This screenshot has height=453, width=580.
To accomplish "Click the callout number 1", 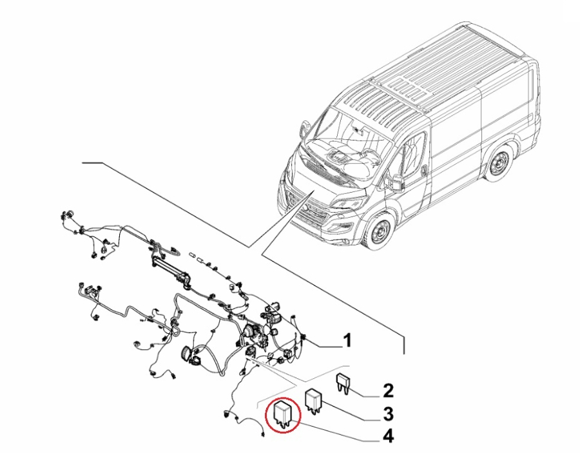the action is (347, 340).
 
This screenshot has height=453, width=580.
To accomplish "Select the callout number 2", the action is (388, 391).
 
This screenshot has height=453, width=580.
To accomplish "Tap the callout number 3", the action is (388, 414).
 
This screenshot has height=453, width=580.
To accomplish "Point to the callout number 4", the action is (388, 436).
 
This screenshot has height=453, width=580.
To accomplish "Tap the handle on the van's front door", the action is (423, 169).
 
